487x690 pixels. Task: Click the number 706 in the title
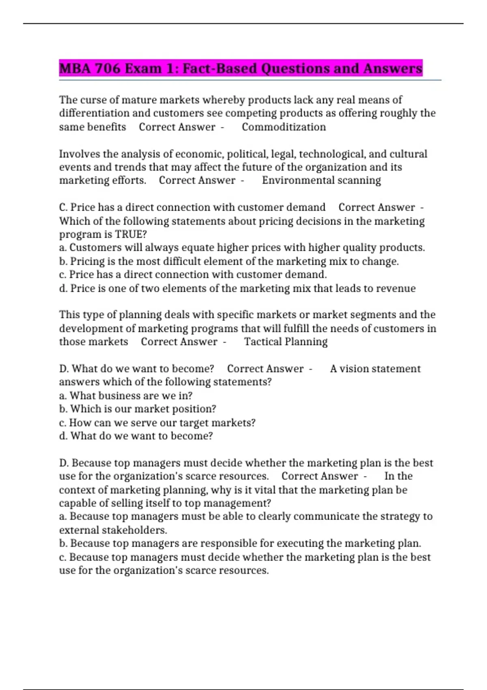pyautogui.click(x=108, y=68)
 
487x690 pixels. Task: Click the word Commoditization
pyautogui.click(x=284, y=127)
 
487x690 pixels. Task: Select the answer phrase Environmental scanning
pyautogui.click(x=321, y=180)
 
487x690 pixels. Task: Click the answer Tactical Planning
pyautogui.click(x=286, y=342)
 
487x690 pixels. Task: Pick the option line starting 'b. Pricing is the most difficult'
pyautogui.click(x=229, y=261)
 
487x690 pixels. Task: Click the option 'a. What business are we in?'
pyautogui.click(x=126, y=396)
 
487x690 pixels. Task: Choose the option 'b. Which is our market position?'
pyautogui.click(x=138, y=409)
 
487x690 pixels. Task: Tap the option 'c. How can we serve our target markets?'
pyautogui.click(x=157, y=423)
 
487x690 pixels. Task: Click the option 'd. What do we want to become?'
pyautogui.click(x=136, y=436)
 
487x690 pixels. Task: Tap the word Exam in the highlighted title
pyautogui.click(x=143, y=68)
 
